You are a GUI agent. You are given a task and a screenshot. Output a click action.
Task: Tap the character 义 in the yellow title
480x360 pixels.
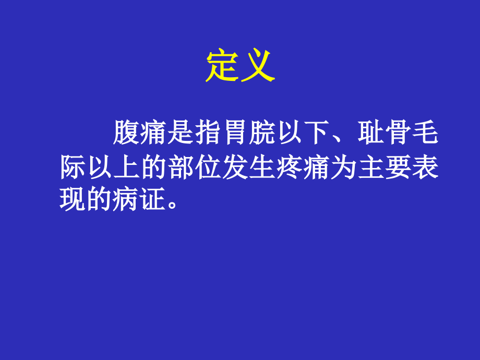pyautogui.click(x=257, y=67)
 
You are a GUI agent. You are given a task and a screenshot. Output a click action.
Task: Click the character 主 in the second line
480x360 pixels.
pyautogui.click(x=370, y=168)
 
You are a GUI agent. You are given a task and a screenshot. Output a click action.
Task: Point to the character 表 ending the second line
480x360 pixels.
pyautogui.click(x=425, y=168)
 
